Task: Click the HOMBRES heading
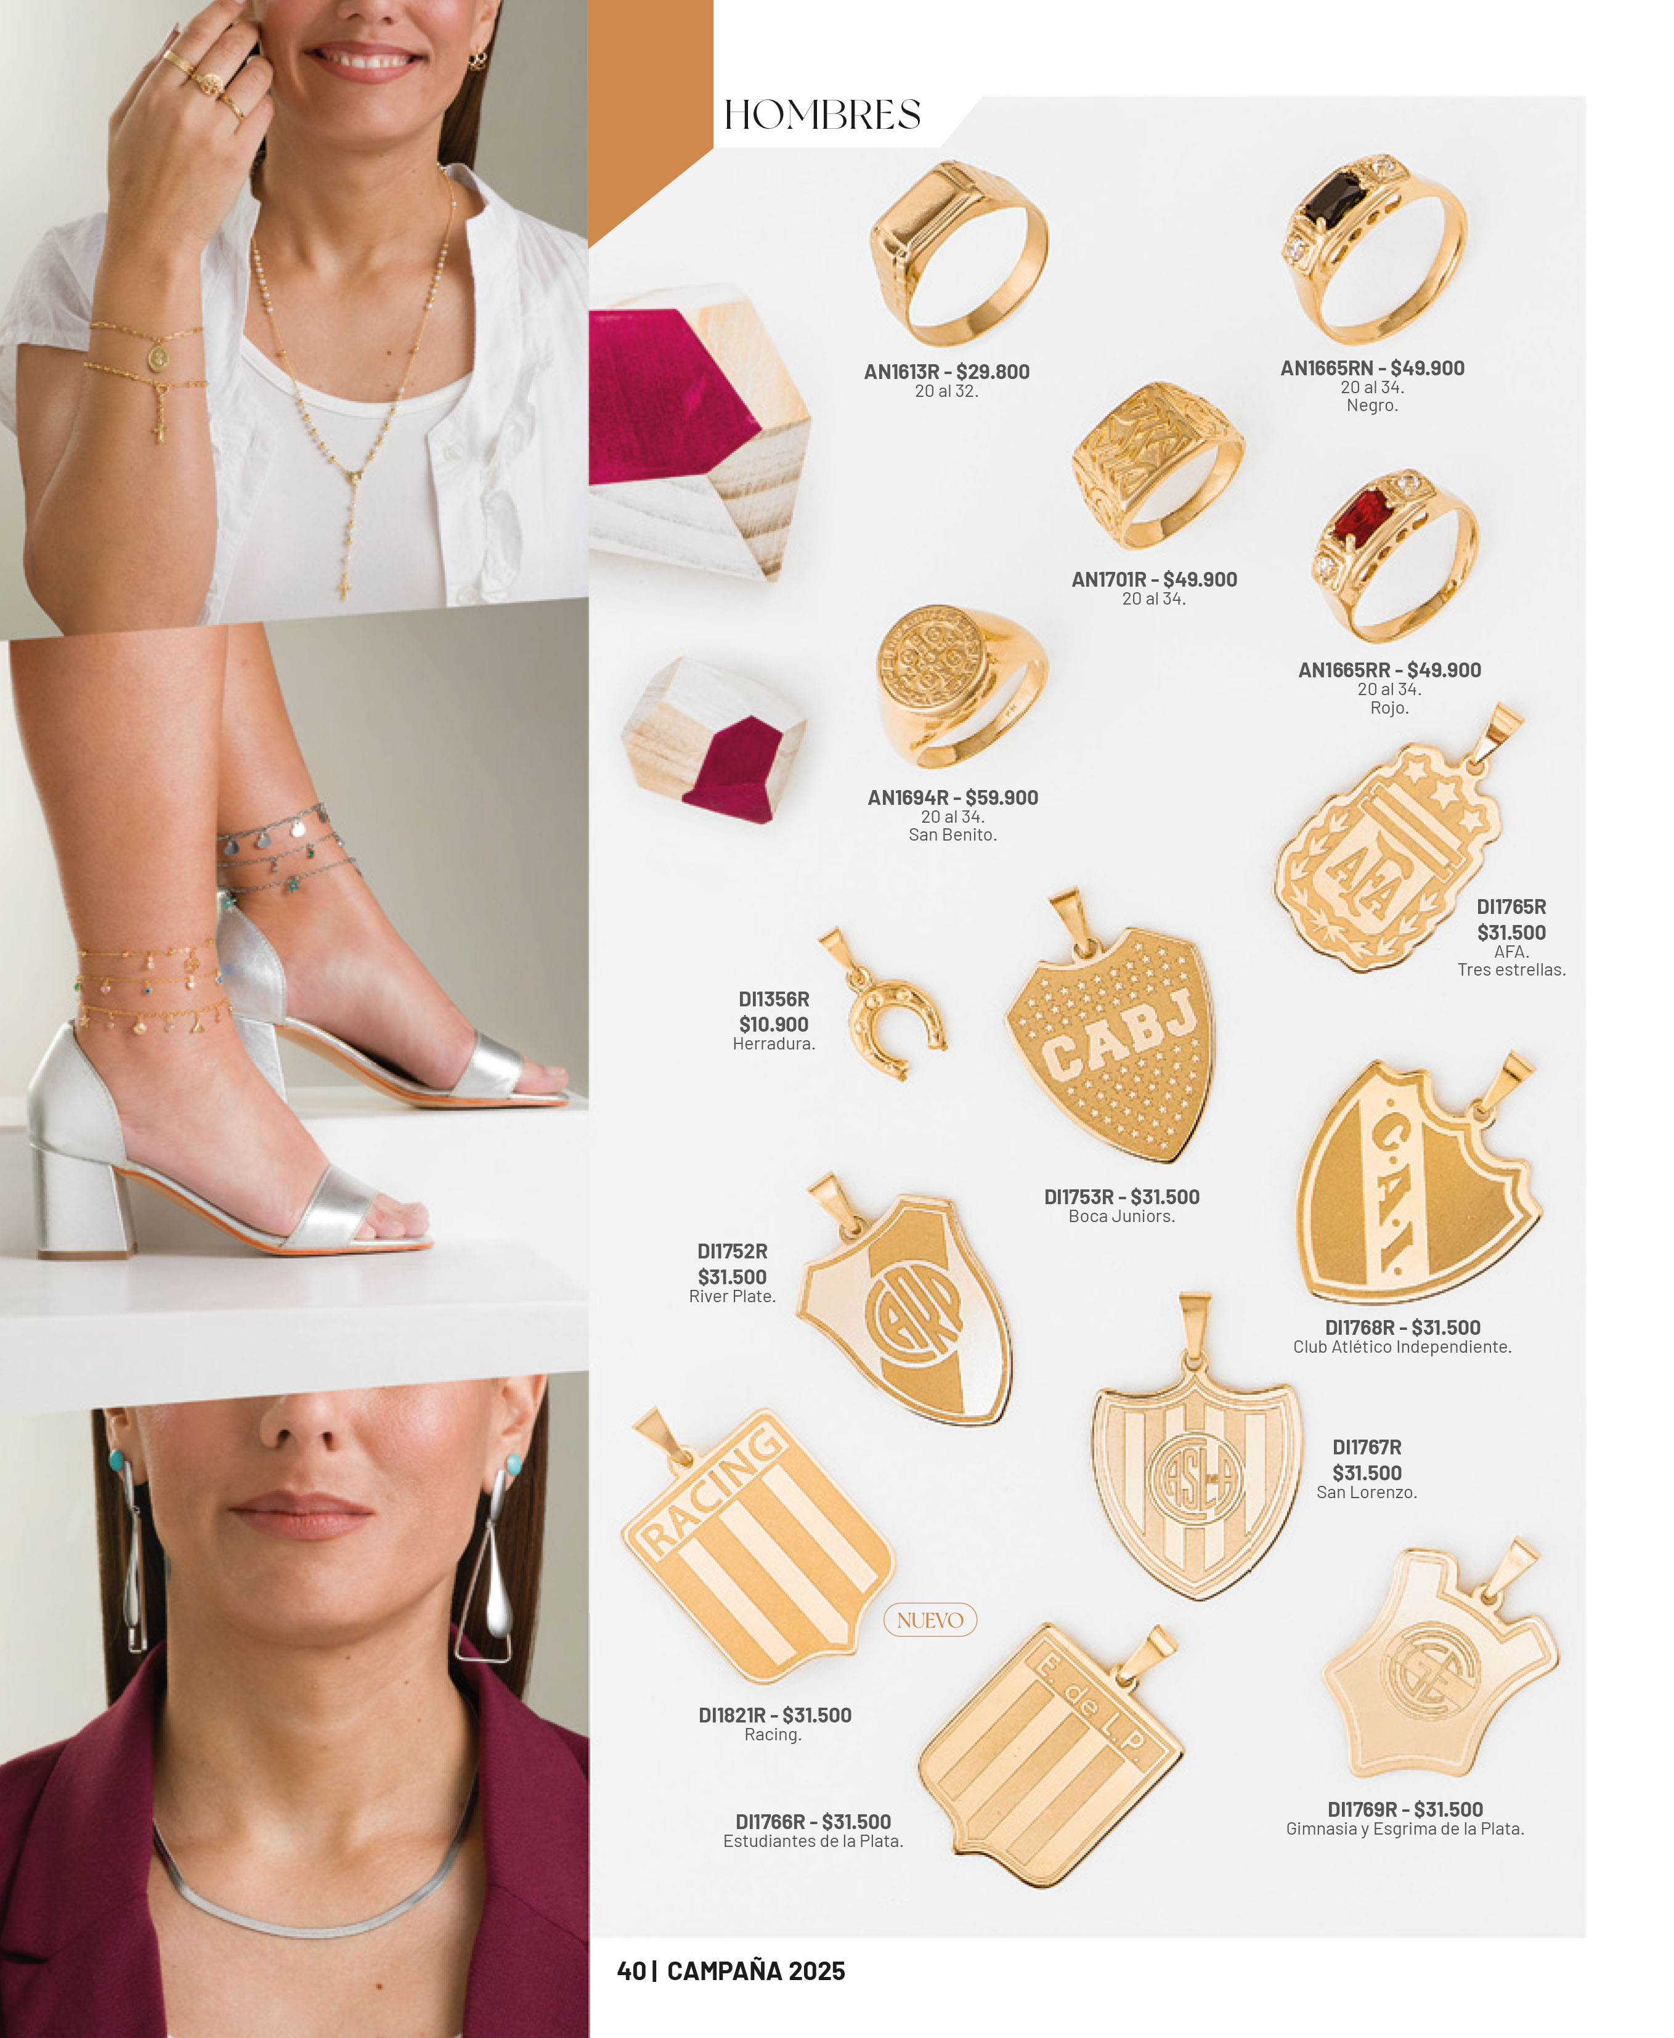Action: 821,115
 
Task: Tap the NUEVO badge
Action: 930,1620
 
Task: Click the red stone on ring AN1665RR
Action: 1360,518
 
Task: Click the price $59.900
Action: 1001,797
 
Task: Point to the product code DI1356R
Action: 773,999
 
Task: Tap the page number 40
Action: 632,1970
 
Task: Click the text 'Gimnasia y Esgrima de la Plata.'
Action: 1404,1828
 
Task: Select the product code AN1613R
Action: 901,372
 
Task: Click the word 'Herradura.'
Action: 773,1043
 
